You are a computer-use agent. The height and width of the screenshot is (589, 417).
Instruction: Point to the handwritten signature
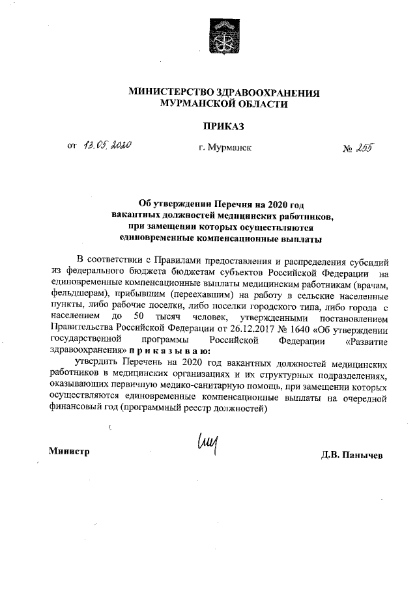(x=206, y=446)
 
